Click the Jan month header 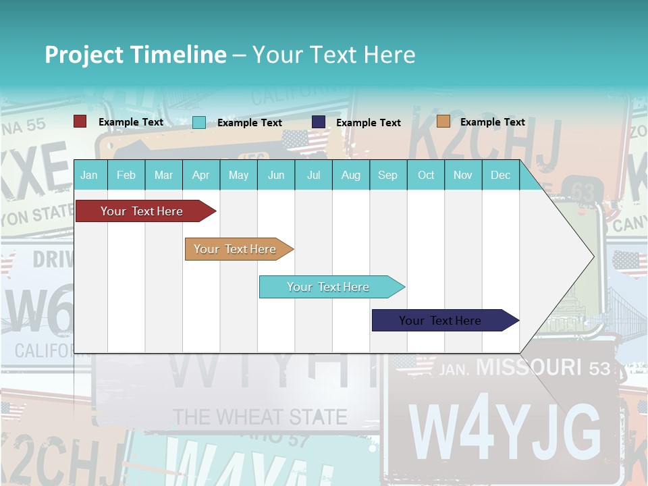89,175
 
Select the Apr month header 200,175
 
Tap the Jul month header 313,175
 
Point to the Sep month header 387,175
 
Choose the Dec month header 500,175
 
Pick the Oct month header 426,175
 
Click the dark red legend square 80,122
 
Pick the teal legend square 199,122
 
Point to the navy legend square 319,122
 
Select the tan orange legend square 443,122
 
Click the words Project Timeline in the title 135,55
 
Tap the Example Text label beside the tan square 492,122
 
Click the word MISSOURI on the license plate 529,367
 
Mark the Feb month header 126,175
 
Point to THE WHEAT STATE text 260,416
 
